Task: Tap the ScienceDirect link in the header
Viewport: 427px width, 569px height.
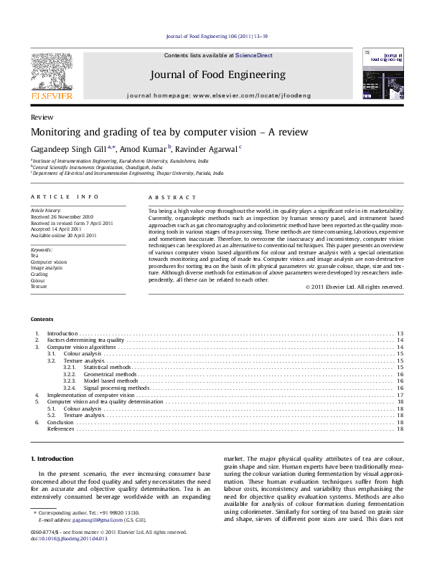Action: (254, 55)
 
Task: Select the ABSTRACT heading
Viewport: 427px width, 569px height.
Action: (172, 197)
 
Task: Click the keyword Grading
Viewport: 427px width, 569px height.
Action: (39, 274)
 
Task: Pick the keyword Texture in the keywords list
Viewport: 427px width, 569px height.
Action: (39, 286)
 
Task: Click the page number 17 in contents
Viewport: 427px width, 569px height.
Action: (400, 395)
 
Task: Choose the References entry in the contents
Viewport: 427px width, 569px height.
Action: (60, 429)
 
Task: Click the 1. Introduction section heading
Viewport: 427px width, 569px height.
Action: (52, 459)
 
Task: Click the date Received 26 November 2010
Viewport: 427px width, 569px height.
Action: (62, 216)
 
